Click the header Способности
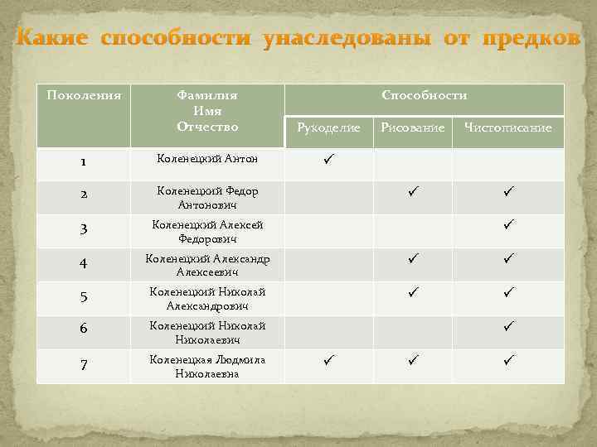(x=424, y=96)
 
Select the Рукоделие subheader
(x=328, y=127)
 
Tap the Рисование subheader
(x=412, y=127)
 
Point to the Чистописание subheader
(x=508, y=127)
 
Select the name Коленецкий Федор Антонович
(x=207, y=197)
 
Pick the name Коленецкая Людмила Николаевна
(x=207, y=367)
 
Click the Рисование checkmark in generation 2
(x=413, y=191)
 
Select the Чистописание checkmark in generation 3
(x=508, y=225)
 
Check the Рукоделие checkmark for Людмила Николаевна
(x=329, y=360)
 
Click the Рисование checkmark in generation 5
(x=413, y=292)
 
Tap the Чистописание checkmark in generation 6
(x=508, y=326)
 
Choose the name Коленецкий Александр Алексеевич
(x=207, y=265)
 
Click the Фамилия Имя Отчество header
(x=207, y=111)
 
